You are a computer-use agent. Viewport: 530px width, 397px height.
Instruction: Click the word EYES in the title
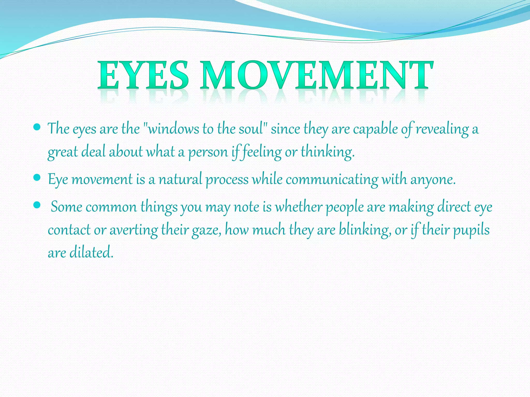(x=143, y=75)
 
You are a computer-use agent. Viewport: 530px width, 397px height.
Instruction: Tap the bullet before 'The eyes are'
(x=37, y=127)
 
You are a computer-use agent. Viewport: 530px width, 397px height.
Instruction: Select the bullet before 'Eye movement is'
(x=37, y=178)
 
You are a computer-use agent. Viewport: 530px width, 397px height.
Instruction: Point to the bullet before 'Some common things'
(x=37, y=205)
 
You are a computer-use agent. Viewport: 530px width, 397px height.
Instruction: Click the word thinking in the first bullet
(x=327, y=152)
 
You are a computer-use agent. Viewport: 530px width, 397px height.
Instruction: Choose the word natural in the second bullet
(x=180, y=179)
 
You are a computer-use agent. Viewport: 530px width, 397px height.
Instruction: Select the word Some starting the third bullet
(x=67, y=207)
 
